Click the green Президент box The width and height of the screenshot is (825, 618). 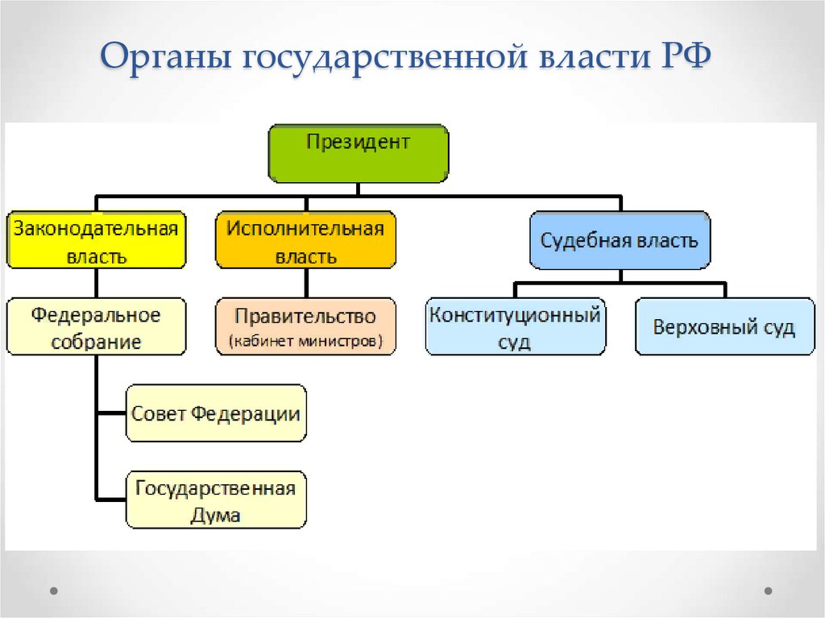tap(359, 153)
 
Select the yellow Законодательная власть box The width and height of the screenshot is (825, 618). tap(97, 240)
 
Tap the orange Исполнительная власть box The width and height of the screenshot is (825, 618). tap(305, 240)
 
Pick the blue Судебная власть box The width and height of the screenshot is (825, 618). tap(620, 240)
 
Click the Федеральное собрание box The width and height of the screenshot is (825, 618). tap(97, 326)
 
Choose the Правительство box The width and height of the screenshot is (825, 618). tap(305, 326)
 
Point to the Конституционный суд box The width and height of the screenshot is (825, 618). tap(516, 326)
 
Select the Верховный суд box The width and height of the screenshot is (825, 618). tap(725, 326)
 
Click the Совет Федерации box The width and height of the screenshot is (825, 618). tap(216, 413)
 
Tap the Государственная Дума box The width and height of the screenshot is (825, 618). tap(216, 500)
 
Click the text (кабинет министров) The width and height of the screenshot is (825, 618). tap(305, 341)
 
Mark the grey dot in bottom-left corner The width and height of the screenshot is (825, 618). tap(54, 591)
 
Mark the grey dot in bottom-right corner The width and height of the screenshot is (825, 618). tap(768, 591)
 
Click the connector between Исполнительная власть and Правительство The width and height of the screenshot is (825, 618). tap(306, 283)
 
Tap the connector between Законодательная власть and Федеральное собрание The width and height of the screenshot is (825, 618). tap(97, 283)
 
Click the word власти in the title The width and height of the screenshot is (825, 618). tap(594, 56)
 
